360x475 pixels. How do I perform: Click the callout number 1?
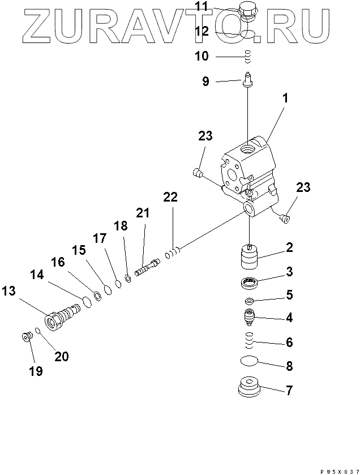tap(285, 99)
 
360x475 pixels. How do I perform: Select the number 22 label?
tap(170, 197)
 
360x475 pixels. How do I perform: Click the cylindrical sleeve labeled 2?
tap(249, 258)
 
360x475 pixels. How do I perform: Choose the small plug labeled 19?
tap(25, 337)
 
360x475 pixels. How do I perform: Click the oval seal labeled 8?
tap(249, 361)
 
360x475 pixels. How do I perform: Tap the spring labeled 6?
tap(248, 341)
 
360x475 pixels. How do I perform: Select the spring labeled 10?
tap(247, 56)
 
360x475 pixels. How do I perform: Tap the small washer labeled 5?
tap(249, 300)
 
